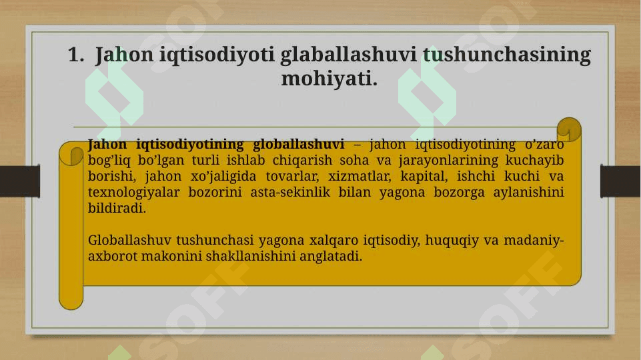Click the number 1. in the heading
(x=76, y=55)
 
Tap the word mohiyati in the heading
(x=329, y=79)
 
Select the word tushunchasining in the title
(x=507, y=55)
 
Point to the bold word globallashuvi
(x=298, y=144)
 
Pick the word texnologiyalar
(x=133, y=192)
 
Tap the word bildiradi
(x=117, y=208)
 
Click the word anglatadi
(x=331, y=256)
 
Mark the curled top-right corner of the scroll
(x=569, y=129)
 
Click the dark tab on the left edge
(x=20, y=181)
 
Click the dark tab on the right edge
(x=620, y=181)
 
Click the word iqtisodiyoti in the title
(x=217, y=55)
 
